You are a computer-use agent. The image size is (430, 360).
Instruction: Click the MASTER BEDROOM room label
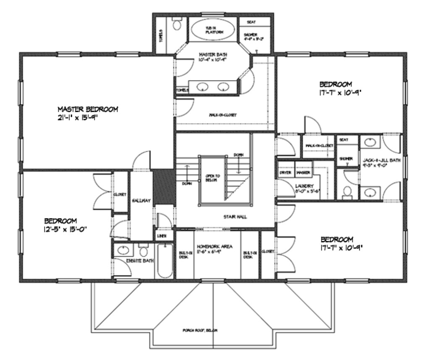point(88,109)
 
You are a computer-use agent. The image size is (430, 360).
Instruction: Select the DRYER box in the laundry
point(286,173)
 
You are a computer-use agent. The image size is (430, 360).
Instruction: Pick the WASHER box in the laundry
point(303,173)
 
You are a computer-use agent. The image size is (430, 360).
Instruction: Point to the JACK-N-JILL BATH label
point(382,160)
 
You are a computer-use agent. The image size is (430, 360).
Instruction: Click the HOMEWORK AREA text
point(215,247)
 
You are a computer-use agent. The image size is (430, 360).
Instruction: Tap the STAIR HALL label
point(235,217)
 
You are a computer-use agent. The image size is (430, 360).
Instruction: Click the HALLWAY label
point(141,200)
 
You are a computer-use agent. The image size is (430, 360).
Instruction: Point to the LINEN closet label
point(162,236)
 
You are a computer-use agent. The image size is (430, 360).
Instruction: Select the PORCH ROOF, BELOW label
point(200,330)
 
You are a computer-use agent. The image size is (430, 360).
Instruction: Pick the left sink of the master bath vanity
point(203,87)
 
